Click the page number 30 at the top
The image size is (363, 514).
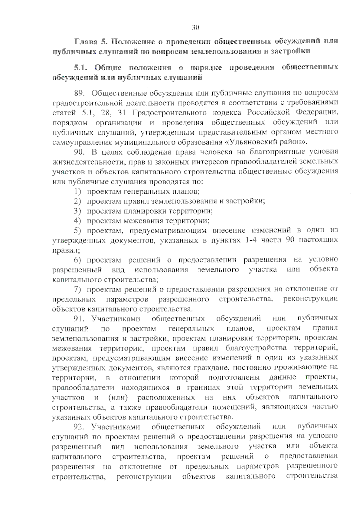[x=195, y=28]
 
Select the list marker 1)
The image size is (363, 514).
[x=78, y=192]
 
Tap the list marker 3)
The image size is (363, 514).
[x=78, y=211]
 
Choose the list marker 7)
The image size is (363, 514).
[x=78, y=289]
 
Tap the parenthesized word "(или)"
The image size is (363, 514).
[x=117, y=397]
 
